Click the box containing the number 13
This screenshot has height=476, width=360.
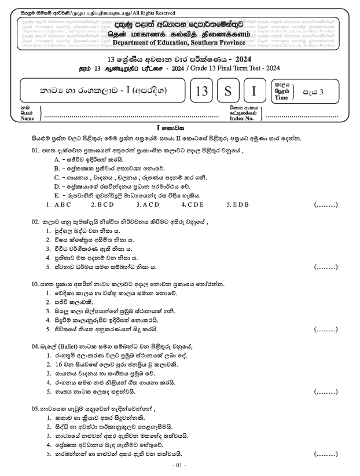pyautogui.click(x=201, y=92)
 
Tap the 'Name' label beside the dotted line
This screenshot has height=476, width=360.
pyautogui.click(x=27, y=119)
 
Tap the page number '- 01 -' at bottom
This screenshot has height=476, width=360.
pyautogui.click(x=180, y=465)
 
